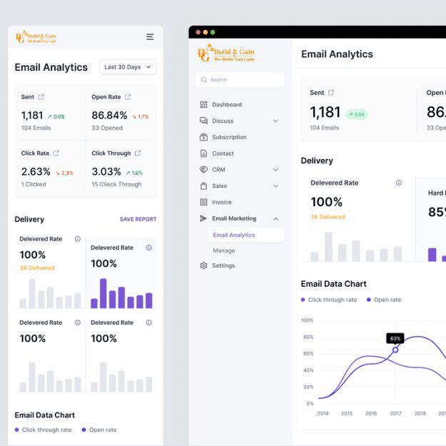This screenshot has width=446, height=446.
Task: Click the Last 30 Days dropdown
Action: click(x=128, y=67)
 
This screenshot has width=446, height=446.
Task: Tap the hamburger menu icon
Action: click(x=150, y=36)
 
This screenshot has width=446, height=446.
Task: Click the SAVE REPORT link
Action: click(x=138, y=219)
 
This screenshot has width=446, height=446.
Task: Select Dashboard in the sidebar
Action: click(x=226, y=105)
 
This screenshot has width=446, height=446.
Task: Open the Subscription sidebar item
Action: click(x=229, y=137)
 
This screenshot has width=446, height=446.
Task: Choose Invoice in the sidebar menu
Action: click(x=221, y=202)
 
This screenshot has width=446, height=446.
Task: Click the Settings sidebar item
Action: click(x=223, y=265)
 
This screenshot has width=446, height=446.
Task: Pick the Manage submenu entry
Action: click(x=223, y=250)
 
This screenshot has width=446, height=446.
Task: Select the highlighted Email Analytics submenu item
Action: click(x=234, y=235)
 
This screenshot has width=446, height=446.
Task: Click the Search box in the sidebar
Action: click(x=240, y=80)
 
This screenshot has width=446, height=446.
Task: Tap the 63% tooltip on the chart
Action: click(x=395, y=338)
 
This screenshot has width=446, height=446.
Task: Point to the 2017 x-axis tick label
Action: click(x=395, y=413)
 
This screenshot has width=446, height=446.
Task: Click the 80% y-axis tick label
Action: click(x=308, y=337)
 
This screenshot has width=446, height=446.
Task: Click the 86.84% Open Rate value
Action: click(x=109, y=116)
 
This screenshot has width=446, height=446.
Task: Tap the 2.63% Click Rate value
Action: click(x=36, y=172)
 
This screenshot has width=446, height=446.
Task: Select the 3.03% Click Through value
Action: click(x=106, y=172)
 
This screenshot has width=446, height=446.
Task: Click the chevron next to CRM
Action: click(x=275, y=170)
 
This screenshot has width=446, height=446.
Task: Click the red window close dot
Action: click(x=198, y=32)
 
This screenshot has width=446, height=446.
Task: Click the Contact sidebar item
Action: click(x=223, y=153)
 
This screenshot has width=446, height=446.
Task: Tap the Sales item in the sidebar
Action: click(x=219, y=186)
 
